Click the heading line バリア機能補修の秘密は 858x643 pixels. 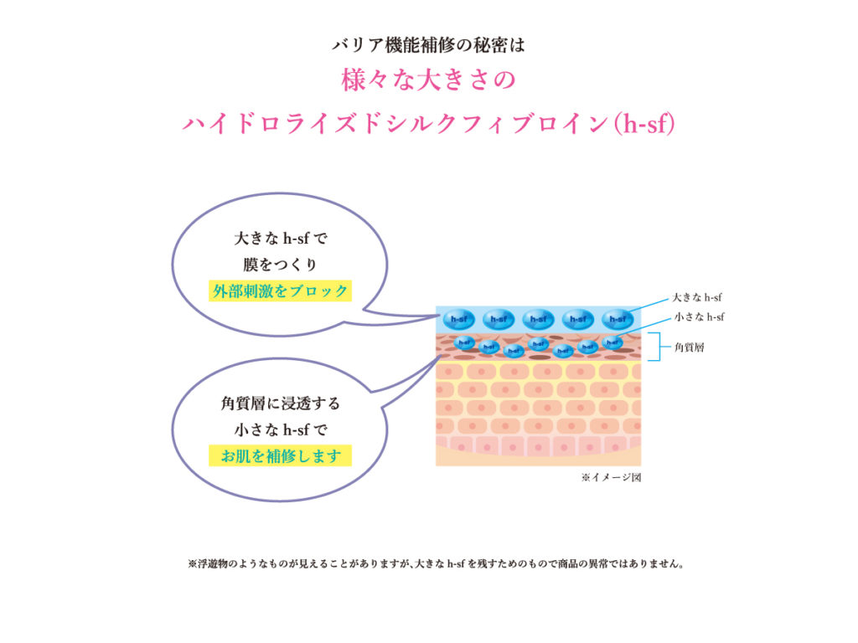pyautogui.click(x=428, y=45)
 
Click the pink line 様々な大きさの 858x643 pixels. pyautogui.click(x=428, y=80)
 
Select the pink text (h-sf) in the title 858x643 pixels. pyautogui.click(x=644, y=124)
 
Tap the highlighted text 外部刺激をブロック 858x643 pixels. pyautogui.click(x=280, y=291)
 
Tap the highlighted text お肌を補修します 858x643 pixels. pyautogui.click(x=280, y=456)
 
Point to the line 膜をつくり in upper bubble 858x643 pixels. pyautogui.click(x=280, y=265)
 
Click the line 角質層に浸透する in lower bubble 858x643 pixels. pyautogui.click(x=280, y=404)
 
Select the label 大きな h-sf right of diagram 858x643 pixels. pyautogui.click(x=697, y=297)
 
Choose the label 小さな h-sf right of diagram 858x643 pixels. pyautogui.click(x=700, y=317)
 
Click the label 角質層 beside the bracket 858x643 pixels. pyautogui.click(x=690, y=347)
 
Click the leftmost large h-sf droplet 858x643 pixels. pyautogui.click(x=458, y=319)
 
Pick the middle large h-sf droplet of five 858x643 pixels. pyautogui.click(x=539, y=319)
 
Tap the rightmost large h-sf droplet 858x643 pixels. pyautogui.click(x=618, y=319)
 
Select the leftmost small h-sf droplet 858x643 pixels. pyautogui.click(x=464, y=342)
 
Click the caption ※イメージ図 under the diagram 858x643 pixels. pyautogui.click(x=611, y=477)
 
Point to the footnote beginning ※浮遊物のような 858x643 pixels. pyautogui.click(x=436, y=563)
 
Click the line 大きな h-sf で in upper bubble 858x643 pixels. pyautogui.click(x=280, y=239)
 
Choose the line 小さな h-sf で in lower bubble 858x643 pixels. pyautogui.click(x=280, y=430)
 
